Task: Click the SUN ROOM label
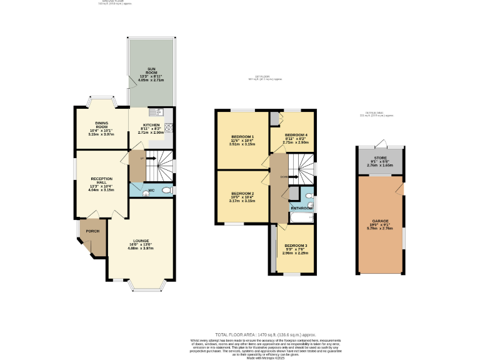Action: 151,70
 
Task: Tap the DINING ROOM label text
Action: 102,125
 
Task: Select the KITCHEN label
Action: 151,125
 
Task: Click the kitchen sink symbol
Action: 159,112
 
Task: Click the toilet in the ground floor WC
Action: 166,190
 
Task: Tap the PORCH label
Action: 92,231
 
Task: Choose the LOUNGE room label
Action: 141,241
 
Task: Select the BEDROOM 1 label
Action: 242,136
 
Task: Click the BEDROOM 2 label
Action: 242,194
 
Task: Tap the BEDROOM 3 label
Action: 296,246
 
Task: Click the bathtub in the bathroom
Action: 303,217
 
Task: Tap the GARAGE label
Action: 380,221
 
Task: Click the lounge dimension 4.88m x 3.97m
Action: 141,248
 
